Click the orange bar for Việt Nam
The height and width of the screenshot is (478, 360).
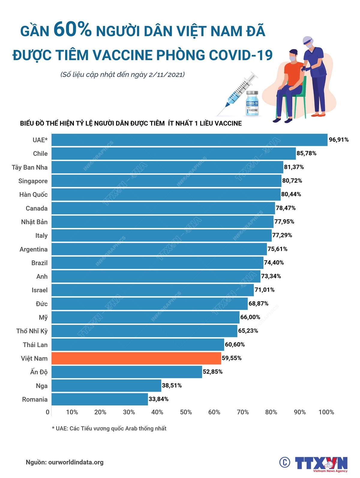tap(136, 358)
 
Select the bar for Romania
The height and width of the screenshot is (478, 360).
tap(100, 399)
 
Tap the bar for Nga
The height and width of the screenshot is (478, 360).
tap(106, 385)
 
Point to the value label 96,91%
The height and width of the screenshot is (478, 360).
tap(339, 140)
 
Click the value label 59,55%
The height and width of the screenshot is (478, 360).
tap(232, 358)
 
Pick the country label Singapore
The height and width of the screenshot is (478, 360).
tap(33, 181)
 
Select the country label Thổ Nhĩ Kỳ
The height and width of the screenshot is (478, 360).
tap(32, 331)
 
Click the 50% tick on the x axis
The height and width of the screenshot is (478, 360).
tap(186, 412)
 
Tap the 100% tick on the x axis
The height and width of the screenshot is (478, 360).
tap(326, 412)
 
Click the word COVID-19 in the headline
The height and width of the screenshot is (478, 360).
tap(241, 55)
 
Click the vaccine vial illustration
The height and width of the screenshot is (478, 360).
tap(252, 103)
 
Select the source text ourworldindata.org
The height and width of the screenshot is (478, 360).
tap(76, 462)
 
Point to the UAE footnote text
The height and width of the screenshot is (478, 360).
tap(109, 429)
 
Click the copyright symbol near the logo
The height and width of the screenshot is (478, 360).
tap(285, 462)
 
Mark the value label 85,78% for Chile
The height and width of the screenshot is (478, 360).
tap(306, 153)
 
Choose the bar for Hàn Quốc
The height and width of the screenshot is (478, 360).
tap(166, 194)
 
